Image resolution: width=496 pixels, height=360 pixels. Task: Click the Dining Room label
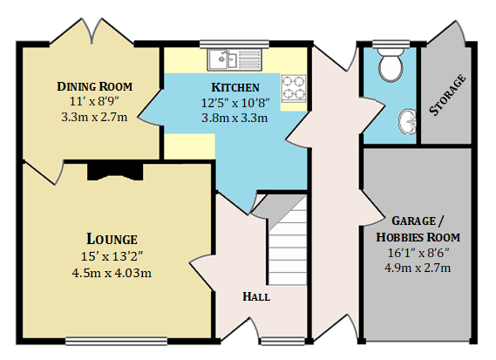pos(95,86)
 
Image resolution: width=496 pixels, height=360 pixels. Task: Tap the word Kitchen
pos(235,87)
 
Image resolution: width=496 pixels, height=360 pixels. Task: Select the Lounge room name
pos(112,239)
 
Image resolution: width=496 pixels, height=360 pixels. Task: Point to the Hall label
pos(256,296)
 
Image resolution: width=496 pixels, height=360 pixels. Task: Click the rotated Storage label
pos(447,95)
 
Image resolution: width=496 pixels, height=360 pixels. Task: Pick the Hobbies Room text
pos(418,237)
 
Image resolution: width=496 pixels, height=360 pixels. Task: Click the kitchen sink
pos(234,60)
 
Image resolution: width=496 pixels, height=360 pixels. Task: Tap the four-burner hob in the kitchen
pos(294,88)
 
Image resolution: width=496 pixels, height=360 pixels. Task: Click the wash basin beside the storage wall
pos(407,122)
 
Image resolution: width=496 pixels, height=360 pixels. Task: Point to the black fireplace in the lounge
pos(115,172)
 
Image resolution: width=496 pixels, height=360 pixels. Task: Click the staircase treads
pos(288,241)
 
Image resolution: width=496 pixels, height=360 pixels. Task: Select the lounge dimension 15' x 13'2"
pos(112,256)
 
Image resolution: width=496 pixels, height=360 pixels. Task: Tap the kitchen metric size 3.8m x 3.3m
pos(234,118)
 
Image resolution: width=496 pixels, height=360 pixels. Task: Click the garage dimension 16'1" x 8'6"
pos(418,253)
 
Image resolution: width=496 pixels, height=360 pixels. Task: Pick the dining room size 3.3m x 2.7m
pos(94,118)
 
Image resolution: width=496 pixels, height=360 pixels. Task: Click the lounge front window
pos(117,341)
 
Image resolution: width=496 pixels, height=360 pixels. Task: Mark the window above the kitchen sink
pos(234,44)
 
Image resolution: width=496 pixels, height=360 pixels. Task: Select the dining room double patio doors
pos(92,31)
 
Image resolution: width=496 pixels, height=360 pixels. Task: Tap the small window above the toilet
pos(391,44)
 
